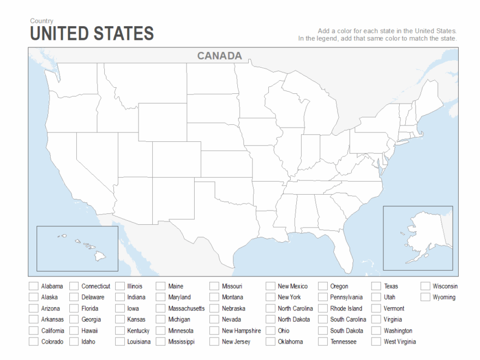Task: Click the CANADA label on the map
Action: pyautogui.click(x=219, y=56)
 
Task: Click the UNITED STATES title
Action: pyautogui.click(x=92, y=34)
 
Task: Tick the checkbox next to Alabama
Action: pyautogui.click(x=34, y=286)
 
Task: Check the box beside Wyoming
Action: pyautogui.click(x=425, y=297)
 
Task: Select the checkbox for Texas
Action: pyautogui.click(x=376, y=286)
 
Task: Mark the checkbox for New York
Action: pyautogui.click(x=271, y=297)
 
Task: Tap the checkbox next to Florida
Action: pyautogui.click(x=74, y=309)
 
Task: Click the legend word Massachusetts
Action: pyautogui.click(x=187, y=309)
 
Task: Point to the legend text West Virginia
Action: pyautogui.click(x=400, y=342)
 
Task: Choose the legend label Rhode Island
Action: pyautogui.click(x=346, y=309)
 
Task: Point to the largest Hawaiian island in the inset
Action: pyautogui.click(x=100, y=254)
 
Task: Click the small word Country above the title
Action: pyautogui.click(x=41, y=21)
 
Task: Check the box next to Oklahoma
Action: pyautogui.click(x=271, y=342)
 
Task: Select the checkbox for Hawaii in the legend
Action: pyautogui.click(x=74, y=331)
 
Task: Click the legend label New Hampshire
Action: pyautogui.click(x=241, y=331)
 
